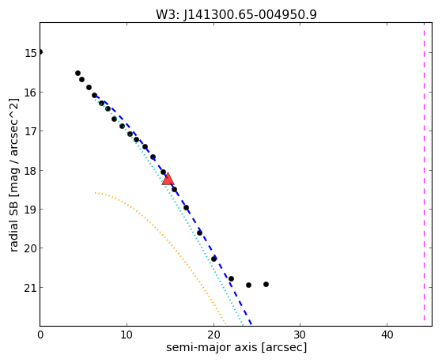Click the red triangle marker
168,179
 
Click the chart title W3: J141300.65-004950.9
236,14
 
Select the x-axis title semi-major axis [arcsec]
236,347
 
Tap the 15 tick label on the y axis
31,53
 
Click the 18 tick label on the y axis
31,171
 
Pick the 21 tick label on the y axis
31,288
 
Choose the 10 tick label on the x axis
127,335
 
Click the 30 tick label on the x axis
300,335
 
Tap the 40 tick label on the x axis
387,335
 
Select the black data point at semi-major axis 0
40,52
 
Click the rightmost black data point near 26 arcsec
266,284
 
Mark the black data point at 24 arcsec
248,285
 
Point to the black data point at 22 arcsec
231,279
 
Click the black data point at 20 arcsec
214,259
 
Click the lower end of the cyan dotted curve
243,324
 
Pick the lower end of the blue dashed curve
251,324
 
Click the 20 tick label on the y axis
31,249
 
